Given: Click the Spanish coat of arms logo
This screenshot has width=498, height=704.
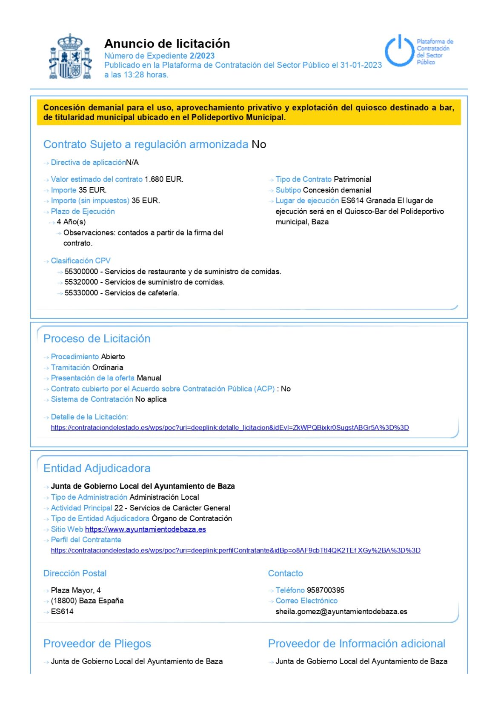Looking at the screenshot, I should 71,57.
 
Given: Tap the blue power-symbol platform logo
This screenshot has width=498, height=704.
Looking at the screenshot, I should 399,51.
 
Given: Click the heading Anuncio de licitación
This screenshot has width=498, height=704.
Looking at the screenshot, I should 167,43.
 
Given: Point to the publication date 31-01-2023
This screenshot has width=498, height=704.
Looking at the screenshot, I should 361,65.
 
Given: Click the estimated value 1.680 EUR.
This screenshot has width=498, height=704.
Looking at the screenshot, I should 164,179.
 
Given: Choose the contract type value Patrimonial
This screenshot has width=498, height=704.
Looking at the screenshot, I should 352,179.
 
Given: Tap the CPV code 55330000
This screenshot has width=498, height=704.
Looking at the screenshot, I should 81,293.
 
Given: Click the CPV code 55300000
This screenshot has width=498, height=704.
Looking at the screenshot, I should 81,272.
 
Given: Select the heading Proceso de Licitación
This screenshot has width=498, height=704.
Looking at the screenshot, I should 97,338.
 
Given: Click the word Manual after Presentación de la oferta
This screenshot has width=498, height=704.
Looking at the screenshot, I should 149,378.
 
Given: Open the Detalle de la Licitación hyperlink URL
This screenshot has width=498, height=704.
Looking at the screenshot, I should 230,427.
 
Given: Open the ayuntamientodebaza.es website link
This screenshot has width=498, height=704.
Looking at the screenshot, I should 145,529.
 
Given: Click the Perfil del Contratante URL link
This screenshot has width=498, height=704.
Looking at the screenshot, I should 235,550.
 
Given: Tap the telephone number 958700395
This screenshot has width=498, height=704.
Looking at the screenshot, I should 326,590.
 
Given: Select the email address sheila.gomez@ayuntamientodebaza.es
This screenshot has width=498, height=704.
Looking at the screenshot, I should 341,612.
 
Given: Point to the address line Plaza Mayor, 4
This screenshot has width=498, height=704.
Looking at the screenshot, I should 76,590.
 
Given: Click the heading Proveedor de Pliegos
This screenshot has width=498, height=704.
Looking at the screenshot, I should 97,644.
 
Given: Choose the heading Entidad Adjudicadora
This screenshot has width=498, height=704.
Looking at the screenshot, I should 97,468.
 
